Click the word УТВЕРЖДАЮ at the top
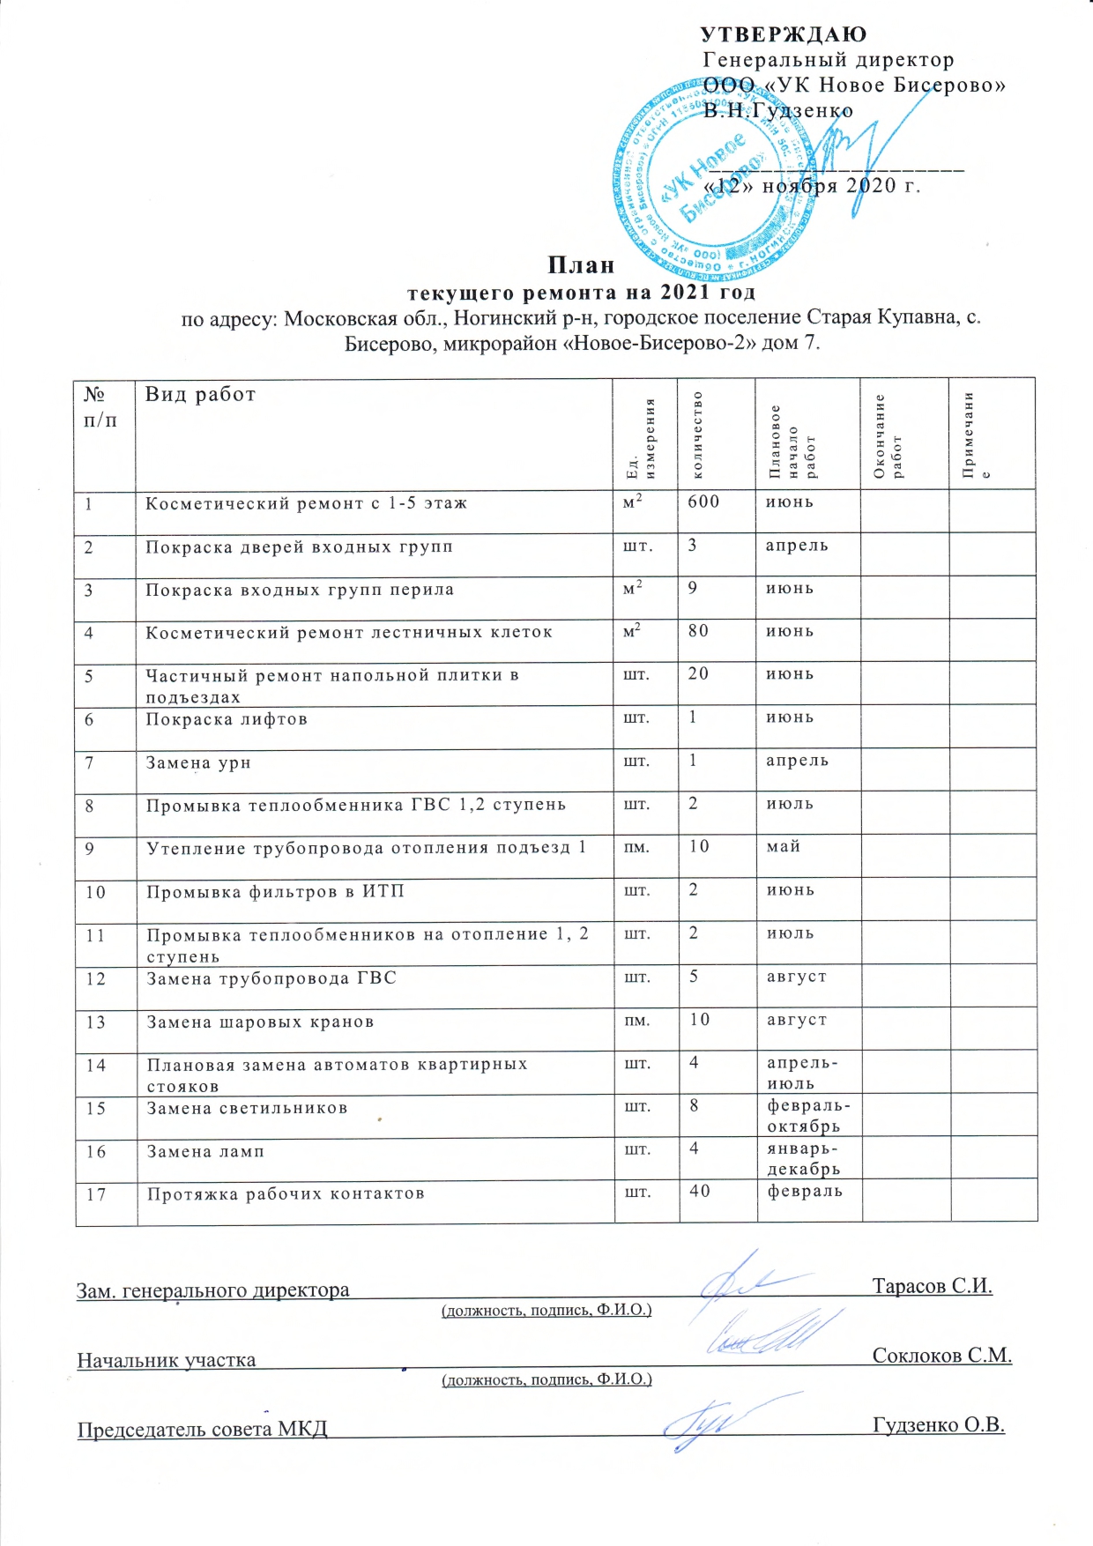point(783,34)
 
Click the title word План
point(581,264)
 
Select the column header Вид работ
point(200,394)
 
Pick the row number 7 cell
point(90,762)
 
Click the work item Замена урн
point(198,762)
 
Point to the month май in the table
point(784,846)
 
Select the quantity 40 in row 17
point(700,1192)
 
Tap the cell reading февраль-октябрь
point(803,1116)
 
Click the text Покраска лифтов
point(227,719)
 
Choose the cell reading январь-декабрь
point(803,1159)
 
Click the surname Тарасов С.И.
point(932,1286)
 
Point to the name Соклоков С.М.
point(941,1356)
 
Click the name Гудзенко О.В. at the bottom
point(938,1425)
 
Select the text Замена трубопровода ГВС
point(271,978)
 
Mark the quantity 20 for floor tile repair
point(698,674)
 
